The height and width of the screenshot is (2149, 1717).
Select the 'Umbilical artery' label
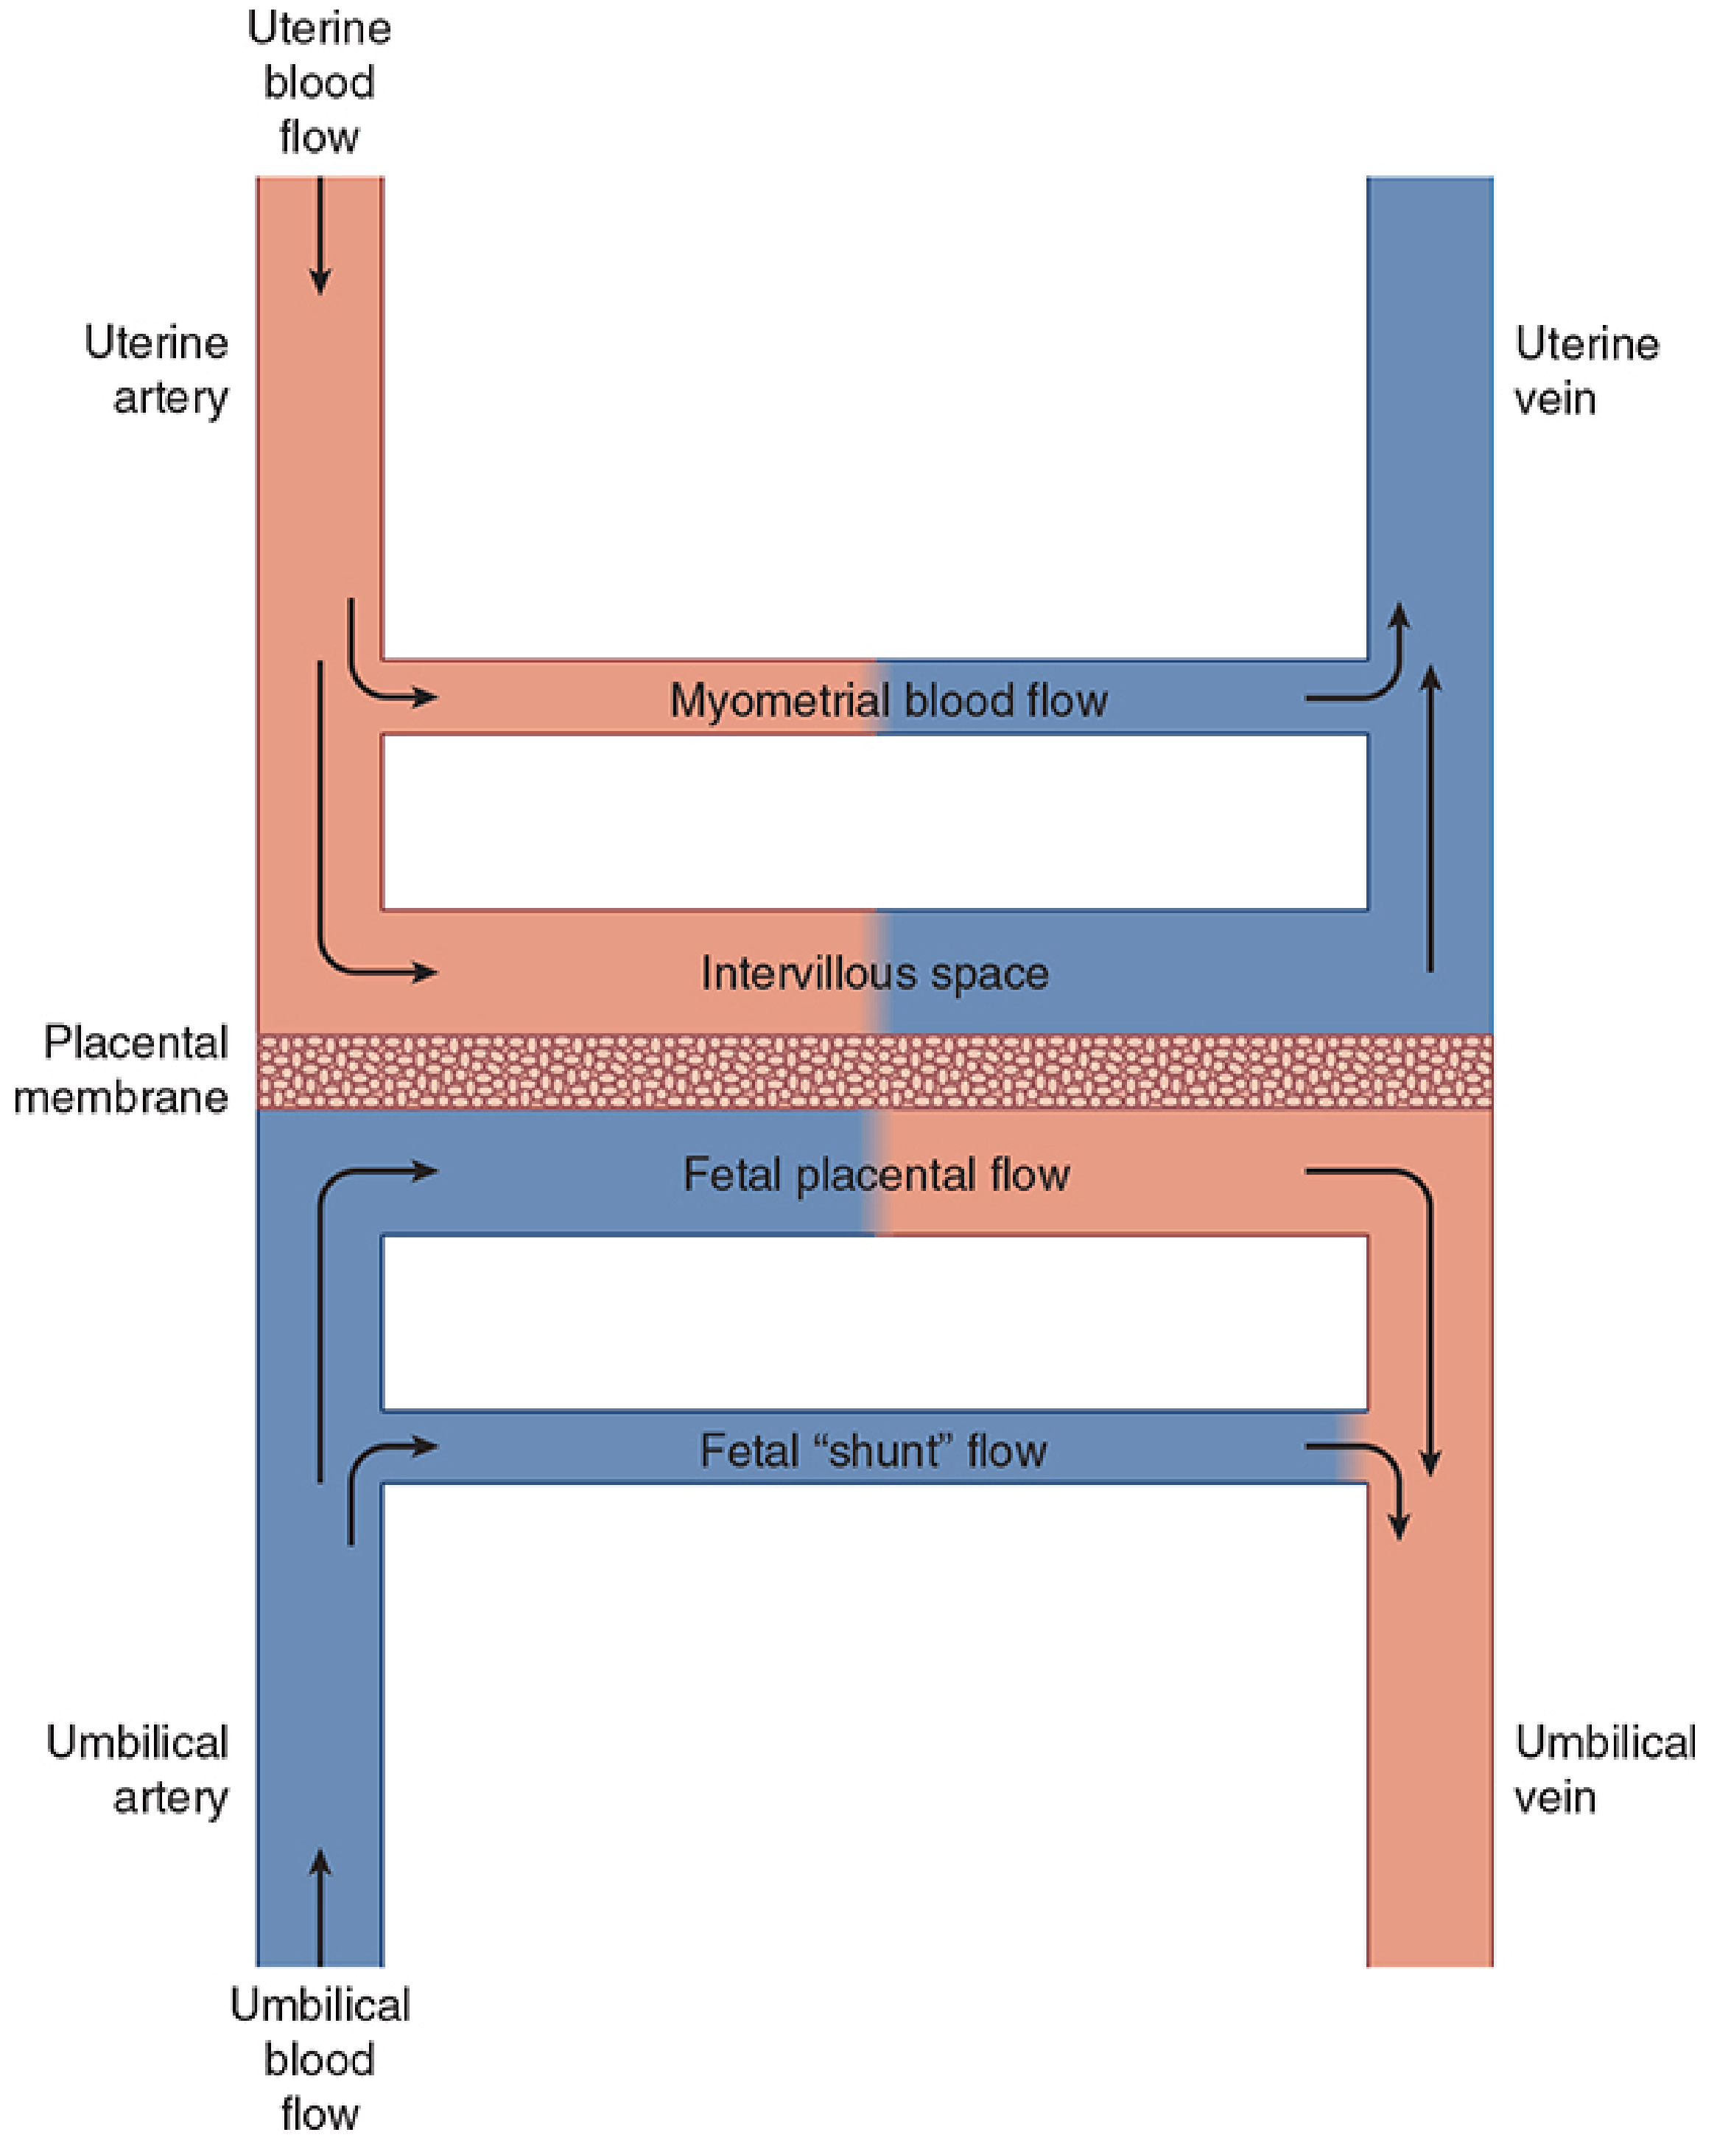click(138, 1770)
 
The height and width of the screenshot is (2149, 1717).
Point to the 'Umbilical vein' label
click(1604, 1770)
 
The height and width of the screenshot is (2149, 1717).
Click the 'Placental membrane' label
click(122, 1069)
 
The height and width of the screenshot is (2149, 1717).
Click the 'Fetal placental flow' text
click(876, 1174)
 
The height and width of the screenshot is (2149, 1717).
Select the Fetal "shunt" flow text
click(873, 1450)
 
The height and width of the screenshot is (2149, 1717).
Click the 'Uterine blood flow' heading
click(319, 83)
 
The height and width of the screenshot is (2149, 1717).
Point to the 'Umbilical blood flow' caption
click(319, 2059)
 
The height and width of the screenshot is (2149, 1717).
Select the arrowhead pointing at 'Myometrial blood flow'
click(426, 696)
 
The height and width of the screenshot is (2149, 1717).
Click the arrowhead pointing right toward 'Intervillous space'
click(426, 972)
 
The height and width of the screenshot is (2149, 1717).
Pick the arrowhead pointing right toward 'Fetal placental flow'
click(426, 1170)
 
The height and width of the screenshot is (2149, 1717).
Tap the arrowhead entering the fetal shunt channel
click(426, 1446)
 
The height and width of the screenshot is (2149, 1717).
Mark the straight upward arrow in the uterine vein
click(1431, 817)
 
